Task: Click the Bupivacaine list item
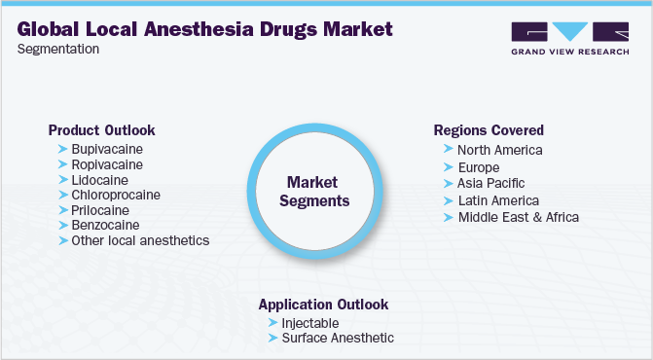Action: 106,149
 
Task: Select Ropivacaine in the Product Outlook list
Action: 106,164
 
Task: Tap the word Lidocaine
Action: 100,179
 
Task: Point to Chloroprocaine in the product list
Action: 116,195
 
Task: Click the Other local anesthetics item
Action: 139,239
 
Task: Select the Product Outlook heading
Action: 101,129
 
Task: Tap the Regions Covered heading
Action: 489,130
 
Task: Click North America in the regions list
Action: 499,150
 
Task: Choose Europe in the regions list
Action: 480,166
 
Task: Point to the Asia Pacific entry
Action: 490,183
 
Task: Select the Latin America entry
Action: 497,199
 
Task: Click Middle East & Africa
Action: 518,216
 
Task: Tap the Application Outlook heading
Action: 323,304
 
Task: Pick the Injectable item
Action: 311,322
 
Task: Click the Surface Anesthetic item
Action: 338,338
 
